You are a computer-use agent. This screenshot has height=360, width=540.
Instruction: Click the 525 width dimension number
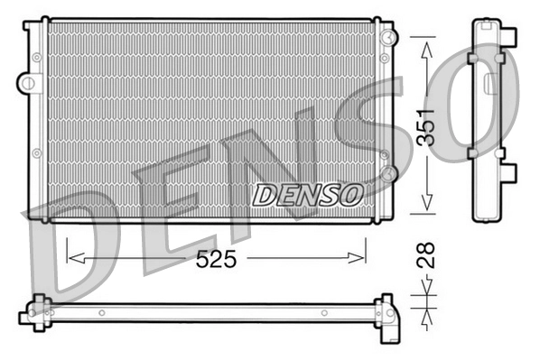pyautogui.click(x=217, y=260)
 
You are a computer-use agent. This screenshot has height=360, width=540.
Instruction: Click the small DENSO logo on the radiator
pyautogui.click(x=307, y=194)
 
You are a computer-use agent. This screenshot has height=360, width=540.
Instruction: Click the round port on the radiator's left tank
pyautogui.click(x=29, y=84)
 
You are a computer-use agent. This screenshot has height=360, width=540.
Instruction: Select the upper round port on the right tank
pyautogui.click(x=387, y=38)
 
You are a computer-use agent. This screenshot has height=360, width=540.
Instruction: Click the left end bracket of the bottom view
pyautogui.click(x=34, y=311)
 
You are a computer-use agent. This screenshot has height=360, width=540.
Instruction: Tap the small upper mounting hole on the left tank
pyautogui.click(x=36, y=57)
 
